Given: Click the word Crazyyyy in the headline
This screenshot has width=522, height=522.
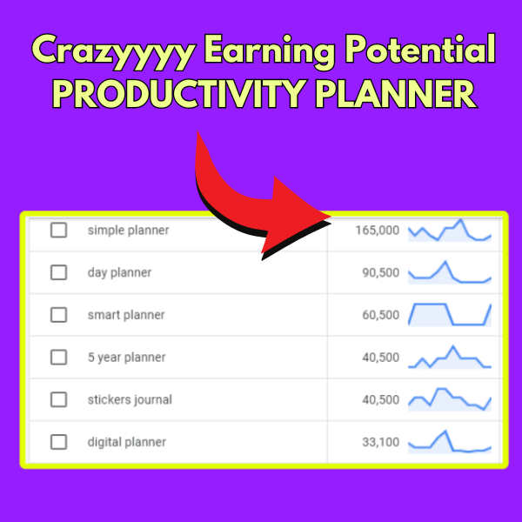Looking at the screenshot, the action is (113, 51).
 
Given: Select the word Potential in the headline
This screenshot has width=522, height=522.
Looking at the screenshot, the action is (420, 49).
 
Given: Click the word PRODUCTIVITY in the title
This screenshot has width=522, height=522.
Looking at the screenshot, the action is (179, 94).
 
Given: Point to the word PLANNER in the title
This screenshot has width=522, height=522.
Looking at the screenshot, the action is (396, 94).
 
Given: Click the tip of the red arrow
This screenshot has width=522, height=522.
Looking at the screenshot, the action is (331, 217).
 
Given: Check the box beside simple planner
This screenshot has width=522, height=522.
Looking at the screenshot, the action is (58, 230).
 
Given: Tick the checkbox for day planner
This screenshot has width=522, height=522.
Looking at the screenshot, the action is (58, 272).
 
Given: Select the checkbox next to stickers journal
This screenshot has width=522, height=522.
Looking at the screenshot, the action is (58, 399).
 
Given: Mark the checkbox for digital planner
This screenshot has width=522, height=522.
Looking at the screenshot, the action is (58, 442).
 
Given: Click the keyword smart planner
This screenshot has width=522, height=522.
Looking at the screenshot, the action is (126, 315).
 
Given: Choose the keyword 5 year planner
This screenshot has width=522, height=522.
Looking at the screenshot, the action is (126, 358).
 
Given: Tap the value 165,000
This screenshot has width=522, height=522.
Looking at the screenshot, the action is (378, 231).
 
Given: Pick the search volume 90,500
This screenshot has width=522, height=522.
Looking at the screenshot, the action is (380, 272).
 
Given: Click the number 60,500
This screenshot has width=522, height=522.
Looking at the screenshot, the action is (380, 315).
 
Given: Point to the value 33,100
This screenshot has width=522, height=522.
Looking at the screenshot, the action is (380, 442).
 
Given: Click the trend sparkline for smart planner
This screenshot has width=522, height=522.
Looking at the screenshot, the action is (450, 314).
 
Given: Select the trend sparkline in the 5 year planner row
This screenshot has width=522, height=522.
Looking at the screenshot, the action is (450, 358).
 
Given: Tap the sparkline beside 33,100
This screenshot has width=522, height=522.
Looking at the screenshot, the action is (450, 442).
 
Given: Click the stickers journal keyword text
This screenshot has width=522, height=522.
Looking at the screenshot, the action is (130, 399).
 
